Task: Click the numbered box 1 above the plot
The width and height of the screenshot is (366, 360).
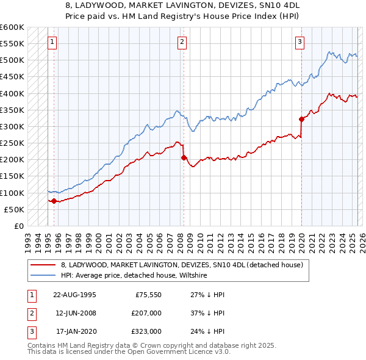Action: [52, 42]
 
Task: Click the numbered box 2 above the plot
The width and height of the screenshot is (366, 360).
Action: [182, 42]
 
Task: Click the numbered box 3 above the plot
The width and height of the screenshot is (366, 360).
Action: [300, 42]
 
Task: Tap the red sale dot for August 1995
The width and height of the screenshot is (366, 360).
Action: [54, 201]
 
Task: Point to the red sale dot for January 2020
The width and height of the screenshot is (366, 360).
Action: [301, 119]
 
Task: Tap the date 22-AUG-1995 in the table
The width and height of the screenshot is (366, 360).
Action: [74, 294]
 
